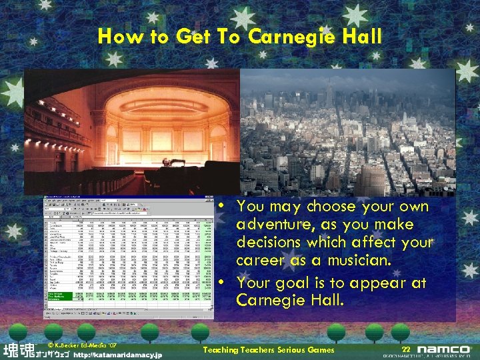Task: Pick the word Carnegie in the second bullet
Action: click(x=270, y=301)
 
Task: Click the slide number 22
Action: click(x=406, y=349)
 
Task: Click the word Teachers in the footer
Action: click(x=251, y=350)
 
